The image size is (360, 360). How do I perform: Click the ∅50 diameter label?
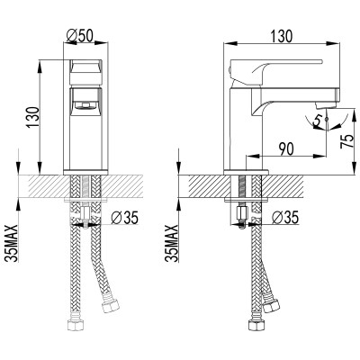pyautogui.click(x=80, y=35)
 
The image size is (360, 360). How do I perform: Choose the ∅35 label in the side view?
pyautogui.click(x=285, y=217)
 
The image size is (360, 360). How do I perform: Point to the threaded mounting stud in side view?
pyautogui.click(x=242, y=213)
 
